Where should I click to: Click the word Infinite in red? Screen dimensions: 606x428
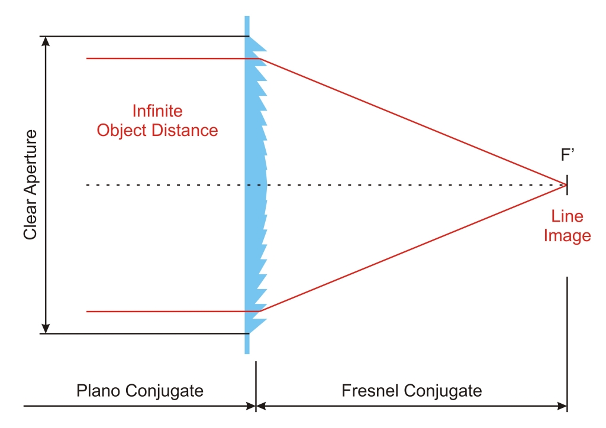pos(157,111)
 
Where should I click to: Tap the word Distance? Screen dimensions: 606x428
pos(185,131)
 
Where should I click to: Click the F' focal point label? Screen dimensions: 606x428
pos(568,155)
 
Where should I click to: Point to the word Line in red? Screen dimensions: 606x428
pos(567,216)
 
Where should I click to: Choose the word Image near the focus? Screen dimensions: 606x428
pos(568,236)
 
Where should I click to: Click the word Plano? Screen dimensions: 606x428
pos(99,391)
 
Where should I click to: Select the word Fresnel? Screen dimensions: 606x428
pos(370,391)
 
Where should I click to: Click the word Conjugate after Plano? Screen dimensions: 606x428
pos(165,391)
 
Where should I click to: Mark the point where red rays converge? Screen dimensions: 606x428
pos(566,185)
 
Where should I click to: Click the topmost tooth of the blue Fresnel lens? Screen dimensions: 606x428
pos(257,44)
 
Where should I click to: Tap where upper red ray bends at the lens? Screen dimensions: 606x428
pos(260,59)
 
